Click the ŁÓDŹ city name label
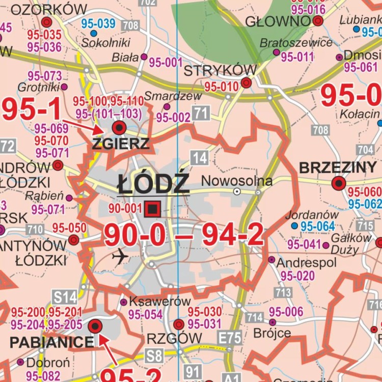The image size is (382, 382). click(153, 183)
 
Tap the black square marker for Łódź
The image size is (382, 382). click(152, 208)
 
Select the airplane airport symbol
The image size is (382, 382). click(120, 257)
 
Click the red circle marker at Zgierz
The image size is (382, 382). click(119, 127)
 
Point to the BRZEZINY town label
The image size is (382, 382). click(338, 168)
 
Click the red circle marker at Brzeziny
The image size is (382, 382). click(339, 183)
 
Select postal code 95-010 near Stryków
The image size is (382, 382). click(222, 87)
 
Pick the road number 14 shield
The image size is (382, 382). click(200, 158)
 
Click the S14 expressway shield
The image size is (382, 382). click(65, 296)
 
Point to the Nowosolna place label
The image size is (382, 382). click(237, 181)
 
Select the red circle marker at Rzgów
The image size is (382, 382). click(179, 324)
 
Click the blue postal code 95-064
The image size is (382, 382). click(318, 226)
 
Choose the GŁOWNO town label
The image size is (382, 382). click(278, 21)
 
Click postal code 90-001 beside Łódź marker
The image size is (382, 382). click(125, 208)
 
